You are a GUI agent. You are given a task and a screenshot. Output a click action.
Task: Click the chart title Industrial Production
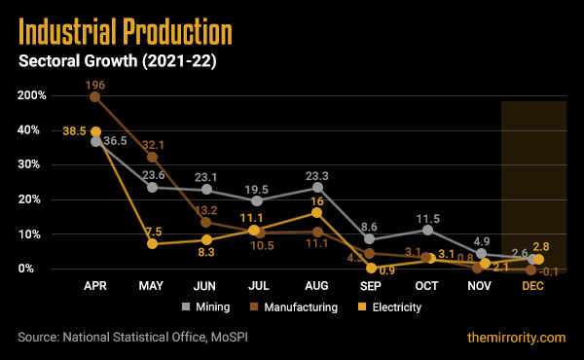coord(126,31)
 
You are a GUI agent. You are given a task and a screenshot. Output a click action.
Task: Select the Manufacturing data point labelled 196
coord(95,96)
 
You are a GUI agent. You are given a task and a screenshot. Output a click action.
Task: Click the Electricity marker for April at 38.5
coord(95,131)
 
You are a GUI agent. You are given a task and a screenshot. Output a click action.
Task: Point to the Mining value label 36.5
coord(117,141)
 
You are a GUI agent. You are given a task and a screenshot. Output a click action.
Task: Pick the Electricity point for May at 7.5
coord(152,243)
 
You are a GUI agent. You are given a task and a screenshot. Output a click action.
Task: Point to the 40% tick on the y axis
coord(32,130)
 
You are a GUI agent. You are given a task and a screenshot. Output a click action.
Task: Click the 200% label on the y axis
coord(29,96)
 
